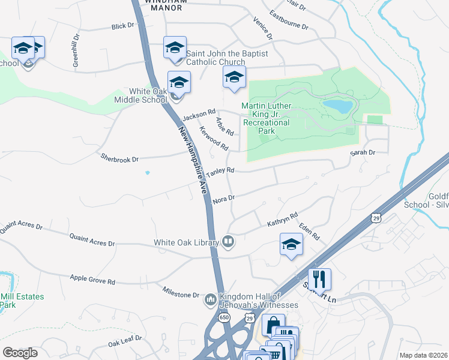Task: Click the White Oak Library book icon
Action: (228, 242)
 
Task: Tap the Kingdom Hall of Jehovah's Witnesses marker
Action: (210, 299)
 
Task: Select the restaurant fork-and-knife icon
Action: (319, 279)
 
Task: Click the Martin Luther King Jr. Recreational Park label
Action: (266, 118)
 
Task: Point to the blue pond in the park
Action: (337, 106)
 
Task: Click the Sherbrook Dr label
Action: (119, 159)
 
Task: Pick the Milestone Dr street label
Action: (180, 295)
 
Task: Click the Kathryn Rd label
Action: (282, 220)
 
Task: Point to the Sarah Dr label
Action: (363, 153)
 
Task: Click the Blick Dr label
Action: (123, 26)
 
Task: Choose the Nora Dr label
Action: (223, 197)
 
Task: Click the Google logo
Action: (20, 353)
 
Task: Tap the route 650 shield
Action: (224, 316)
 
